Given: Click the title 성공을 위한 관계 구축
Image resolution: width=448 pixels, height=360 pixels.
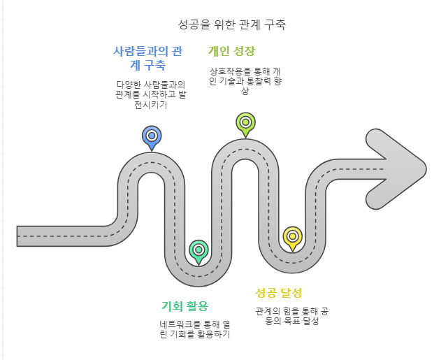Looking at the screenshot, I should click(232, 24).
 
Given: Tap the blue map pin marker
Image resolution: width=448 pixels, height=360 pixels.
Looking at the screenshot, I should click(152, 136).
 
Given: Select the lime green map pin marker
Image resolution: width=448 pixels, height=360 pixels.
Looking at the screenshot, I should click(245, 122).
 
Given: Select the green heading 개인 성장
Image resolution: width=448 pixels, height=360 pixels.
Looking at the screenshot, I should click(231, 51).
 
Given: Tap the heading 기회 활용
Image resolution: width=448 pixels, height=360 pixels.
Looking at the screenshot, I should click(185, 306).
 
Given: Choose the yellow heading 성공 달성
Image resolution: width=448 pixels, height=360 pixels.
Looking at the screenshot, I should click(279, 292).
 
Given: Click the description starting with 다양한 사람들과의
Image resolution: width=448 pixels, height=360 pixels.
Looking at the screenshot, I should click(146, 94).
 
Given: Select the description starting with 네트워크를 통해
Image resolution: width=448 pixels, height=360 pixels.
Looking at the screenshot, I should click(195, 329).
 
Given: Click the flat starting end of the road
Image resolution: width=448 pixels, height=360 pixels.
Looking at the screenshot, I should click(19, 236).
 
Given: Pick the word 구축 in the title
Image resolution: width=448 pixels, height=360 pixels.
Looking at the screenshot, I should click(275, 24).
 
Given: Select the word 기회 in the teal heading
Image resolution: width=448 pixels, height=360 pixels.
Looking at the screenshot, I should click(172, 306).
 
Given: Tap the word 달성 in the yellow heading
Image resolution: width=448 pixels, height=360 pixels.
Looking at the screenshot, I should click(291, 292).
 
